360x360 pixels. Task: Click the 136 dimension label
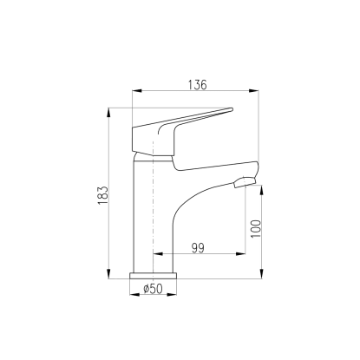coord(198,85)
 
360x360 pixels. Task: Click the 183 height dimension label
coord(103,195)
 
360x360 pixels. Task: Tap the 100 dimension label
coord(256,229)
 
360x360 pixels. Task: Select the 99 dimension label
coord(198,248)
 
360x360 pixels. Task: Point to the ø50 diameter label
coord(153,288)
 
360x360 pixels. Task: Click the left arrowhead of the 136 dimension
coord(137,91)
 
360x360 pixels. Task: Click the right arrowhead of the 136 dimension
coord(254,91)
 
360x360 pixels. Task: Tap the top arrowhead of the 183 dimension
coord(109,113)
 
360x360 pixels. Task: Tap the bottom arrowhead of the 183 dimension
coord(109,274)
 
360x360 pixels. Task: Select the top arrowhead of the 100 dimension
coord(261,190)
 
